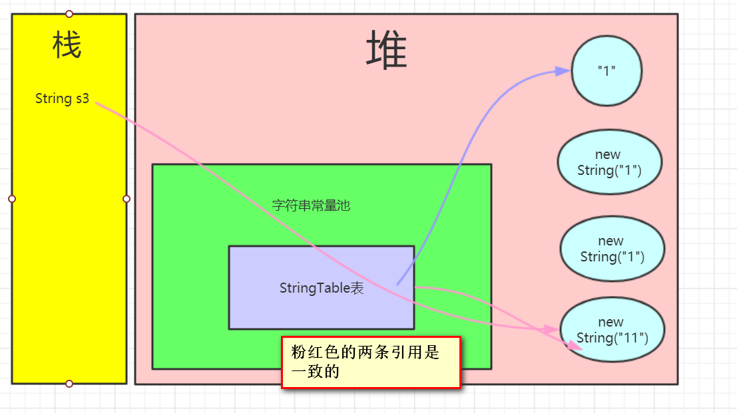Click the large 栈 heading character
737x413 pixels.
(x=67, y=47)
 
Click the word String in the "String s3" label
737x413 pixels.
(x=53, y=99)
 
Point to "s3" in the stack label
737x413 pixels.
(x=81, y=99)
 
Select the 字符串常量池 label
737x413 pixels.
(x=311, y=206)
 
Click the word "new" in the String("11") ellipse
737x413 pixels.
(x=611, y=323)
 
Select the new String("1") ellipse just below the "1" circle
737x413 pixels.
(x=609, y=162)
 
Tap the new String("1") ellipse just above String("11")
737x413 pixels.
(x=612, y=249)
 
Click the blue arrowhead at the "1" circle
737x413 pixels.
(x=563, y=71)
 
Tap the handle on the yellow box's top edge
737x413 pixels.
(x=69, y=14)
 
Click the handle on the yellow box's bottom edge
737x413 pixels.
(x=69, y=384)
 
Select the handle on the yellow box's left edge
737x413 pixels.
(x=12, y=199)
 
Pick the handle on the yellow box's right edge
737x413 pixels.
(x=126, y=199)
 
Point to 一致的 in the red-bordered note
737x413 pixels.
(x=316, y=371)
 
